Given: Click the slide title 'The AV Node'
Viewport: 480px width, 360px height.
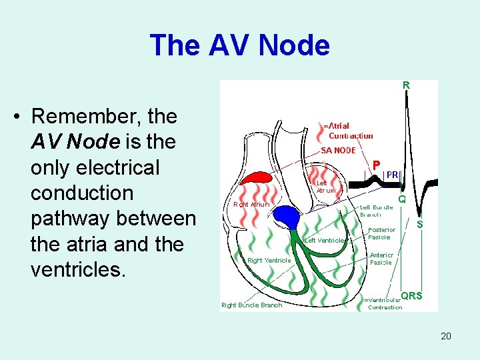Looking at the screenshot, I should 239,45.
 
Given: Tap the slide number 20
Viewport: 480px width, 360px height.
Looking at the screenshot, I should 445,335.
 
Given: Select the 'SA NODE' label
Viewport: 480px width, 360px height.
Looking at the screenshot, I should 339,150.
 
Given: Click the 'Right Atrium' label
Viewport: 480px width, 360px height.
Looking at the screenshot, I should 251,204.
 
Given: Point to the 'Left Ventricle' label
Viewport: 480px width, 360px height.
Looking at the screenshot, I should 324,240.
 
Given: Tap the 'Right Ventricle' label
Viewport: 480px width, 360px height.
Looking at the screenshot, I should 269,260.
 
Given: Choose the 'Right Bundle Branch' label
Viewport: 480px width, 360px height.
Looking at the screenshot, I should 251,305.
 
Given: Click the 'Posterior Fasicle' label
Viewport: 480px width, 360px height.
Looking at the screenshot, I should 382,233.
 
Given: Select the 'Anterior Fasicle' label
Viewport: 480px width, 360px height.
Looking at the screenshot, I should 381,258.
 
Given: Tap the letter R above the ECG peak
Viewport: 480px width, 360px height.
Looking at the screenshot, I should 406,85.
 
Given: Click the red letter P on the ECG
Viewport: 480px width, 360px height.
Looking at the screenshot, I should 377,165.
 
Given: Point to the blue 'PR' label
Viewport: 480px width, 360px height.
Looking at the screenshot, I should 393,175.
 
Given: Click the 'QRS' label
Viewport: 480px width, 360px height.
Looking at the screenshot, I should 411,295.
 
